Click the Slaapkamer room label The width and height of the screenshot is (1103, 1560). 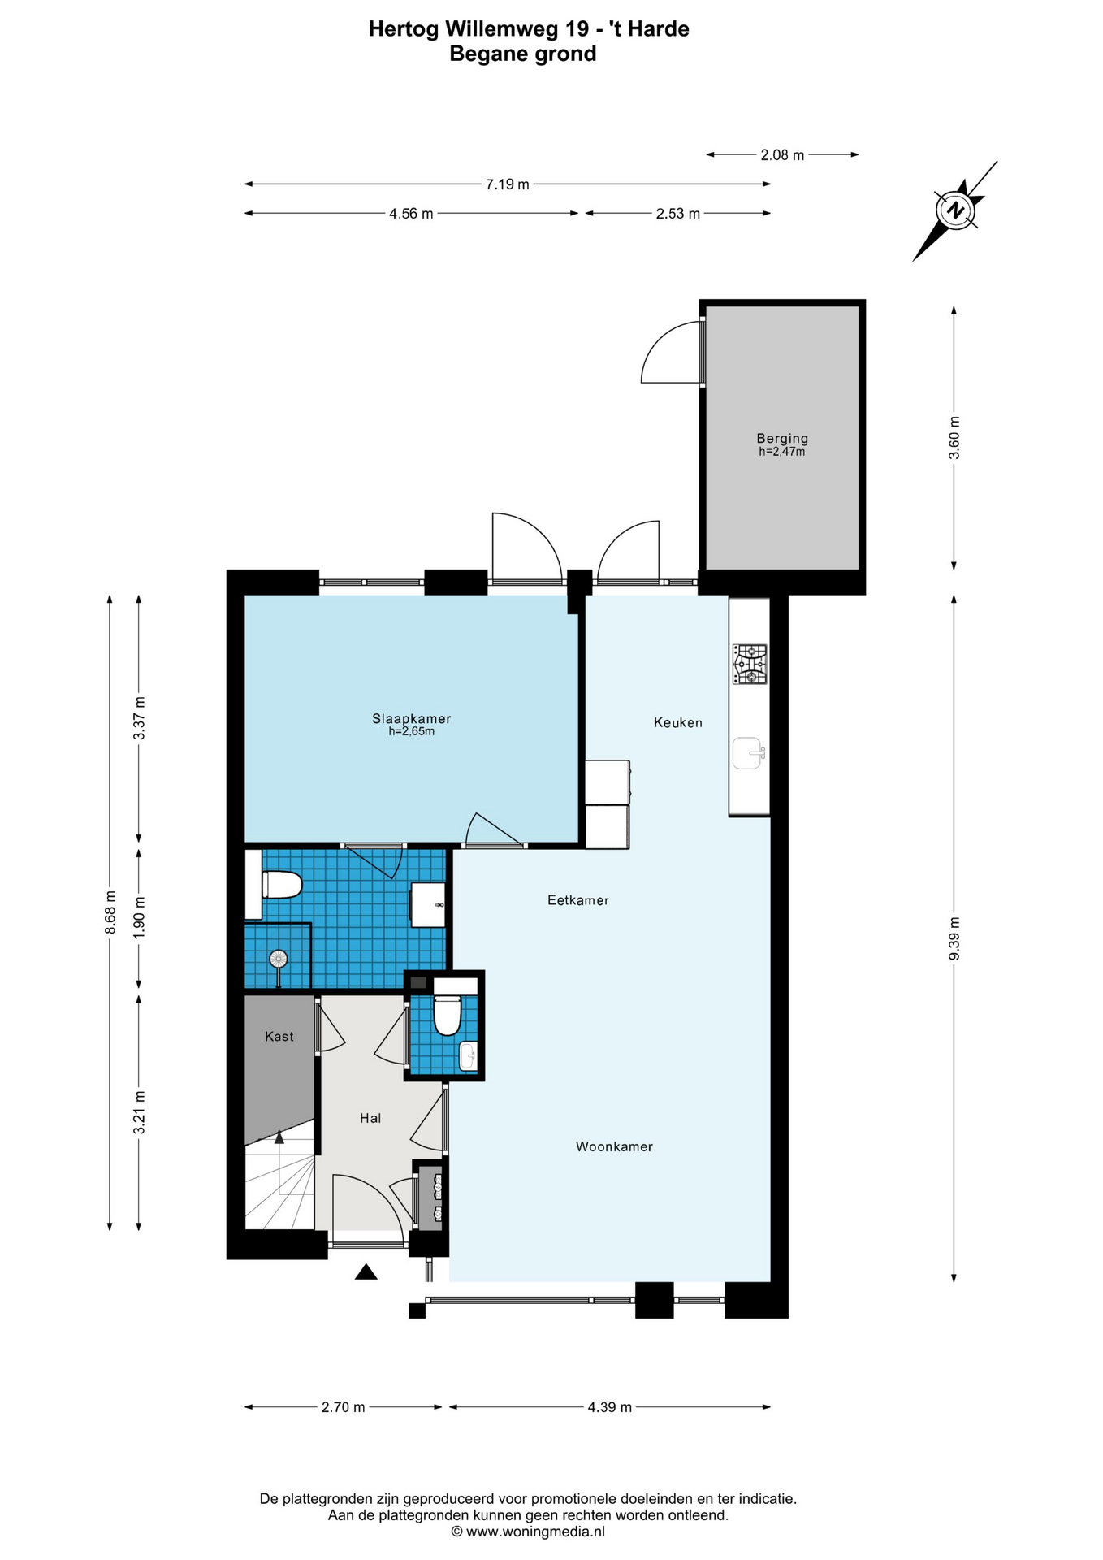point(411,719)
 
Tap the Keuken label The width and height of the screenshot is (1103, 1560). point(677,722)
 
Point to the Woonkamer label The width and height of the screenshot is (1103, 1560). point(614,1146)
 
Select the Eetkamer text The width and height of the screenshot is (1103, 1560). point(577,900)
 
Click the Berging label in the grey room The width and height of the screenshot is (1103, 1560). point(782,439)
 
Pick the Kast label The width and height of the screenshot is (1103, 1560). point(279,1036)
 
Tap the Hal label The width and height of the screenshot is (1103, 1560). point(370,1118)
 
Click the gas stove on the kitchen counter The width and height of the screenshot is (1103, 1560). point(750,664)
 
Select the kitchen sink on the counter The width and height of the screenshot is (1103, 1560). point(749,753)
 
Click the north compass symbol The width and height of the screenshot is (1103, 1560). point(956,210)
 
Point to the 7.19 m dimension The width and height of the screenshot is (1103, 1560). point(508,184)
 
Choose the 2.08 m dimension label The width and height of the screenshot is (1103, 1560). point(782,154)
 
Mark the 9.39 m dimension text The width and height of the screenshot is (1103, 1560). point(954,938)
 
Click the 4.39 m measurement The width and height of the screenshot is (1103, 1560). point(610,1406)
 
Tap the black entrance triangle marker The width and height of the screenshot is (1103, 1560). point(366,1272)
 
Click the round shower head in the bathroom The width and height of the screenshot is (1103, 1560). point(279,959)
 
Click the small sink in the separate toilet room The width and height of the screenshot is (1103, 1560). point(468,1057)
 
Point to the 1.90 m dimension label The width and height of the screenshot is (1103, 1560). point(139,917)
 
